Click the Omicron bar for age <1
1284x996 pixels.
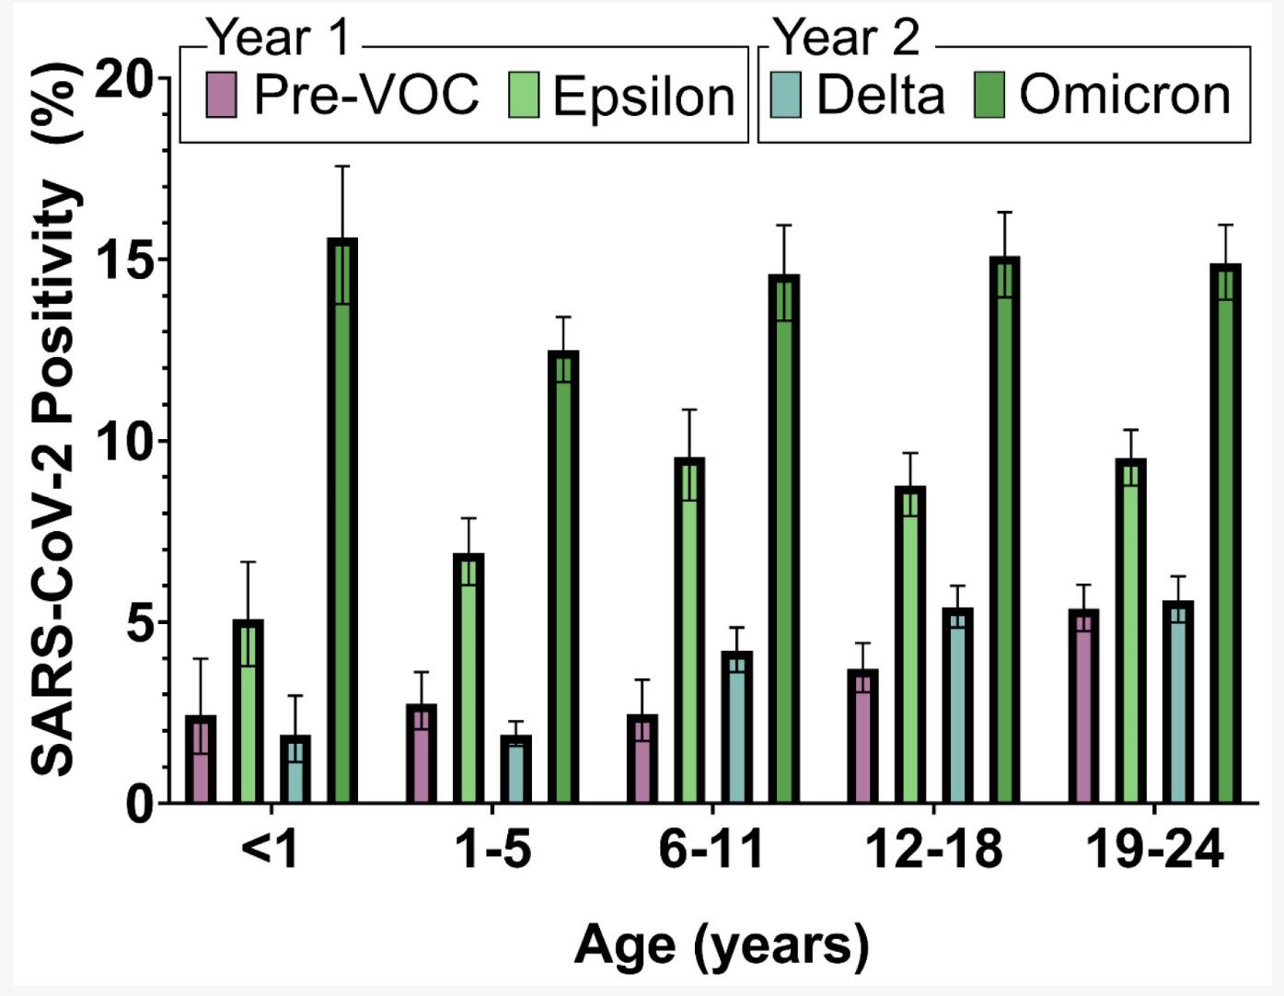[342, 521]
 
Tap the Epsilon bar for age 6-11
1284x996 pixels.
[689, 631]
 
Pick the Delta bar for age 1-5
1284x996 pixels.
[515, 770]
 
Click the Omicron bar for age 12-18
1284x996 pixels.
[1004, 530]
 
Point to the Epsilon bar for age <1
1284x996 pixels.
[248, 712]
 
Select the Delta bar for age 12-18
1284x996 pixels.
[957, 706]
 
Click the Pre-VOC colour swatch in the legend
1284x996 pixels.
[221, 95]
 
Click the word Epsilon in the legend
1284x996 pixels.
[643, 96]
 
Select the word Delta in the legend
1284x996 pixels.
[880, 95]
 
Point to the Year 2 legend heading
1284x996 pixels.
[846, 38]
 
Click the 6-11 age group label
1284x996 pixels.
[711, 850]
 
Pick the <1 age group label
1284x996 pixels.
[270, 850]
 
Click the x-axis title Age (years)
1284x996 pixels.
[721, 945]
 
